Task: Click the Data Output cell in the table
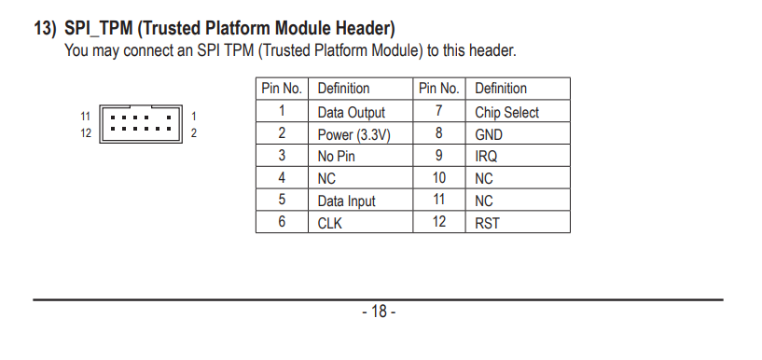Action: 360,111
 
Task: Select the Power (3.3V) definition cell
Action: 360,133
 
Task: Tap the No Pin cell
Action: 360,156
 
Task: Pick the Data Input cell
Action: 360,200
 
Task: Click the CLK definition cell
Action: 360,222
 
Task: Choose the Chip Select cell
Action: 518,111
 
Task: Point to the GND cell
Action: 518,133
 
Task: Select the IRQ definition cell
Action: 518,156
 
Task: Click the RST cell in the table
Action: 518,222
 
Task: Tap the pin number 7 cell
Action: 439,111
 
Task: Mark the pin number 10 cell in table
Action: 439,178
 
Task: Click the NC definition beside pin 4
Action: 360,178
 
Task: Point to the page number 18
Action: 379,312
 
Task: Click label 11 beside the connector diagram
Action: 86,117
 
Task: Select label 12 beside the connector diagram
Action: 86,133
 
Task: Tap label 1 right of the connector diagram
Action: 193,117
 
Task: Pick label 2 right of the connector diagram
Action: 193,133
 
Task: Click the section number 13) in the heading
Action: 45,29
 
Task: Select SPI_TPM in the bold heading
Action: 99,29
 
